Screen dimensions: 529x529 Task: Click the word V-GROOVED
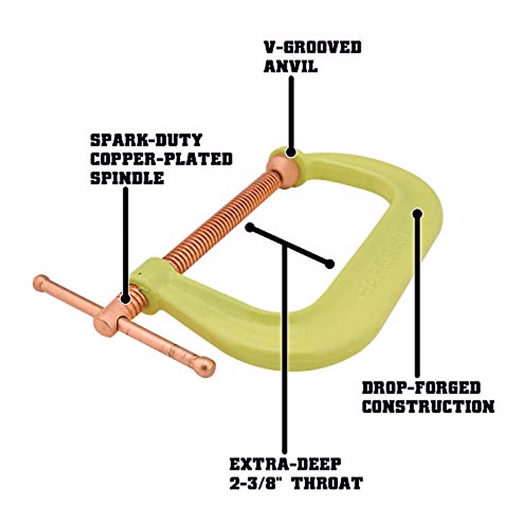[x=313, y=48]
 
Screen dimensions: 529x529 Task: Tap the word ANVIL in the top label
[x=291, y=67]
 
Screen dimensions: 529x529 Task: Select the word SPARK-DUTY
[x=146, y=141]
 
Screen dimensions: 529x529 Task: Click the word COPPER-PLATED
[x=161, y=159]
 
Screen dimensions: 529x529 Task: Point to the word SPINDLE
[x=127, y=178]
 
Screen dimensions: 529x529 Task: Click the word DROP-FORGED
[x=421, y=388]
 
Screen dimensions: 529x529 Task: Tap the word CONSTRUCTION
[x=428, y=407]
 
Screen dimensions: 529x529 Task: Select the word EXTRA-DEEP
[x=285, y=464]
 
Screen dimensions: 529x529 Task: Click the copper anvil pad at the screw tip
[x=282, y=169]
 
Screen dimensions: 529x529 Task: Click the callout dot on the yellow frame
[x=417, y=214]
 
